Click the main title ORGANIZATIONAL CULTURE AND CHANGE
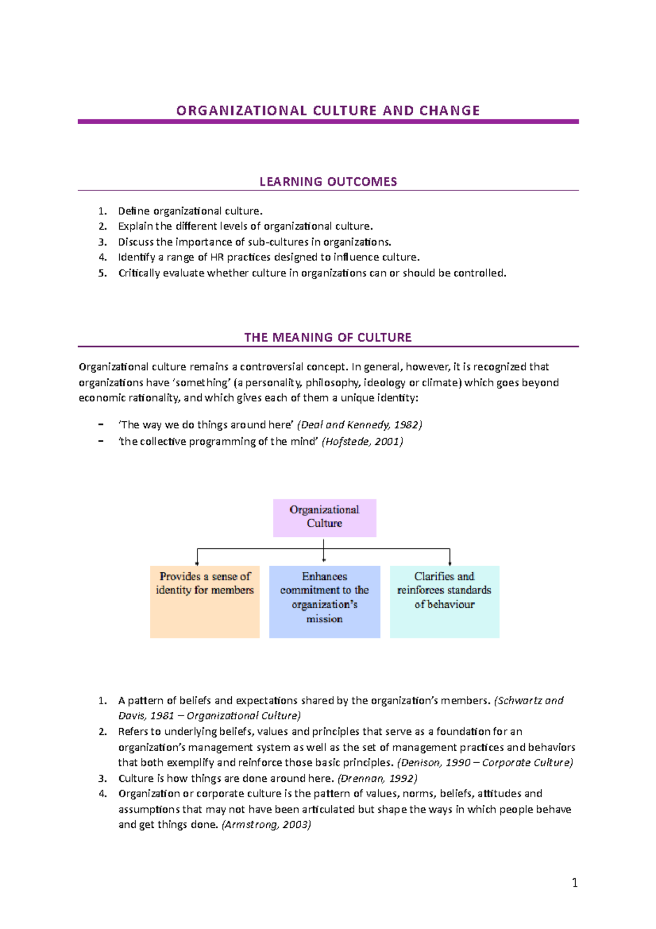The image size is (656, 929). coord(328,111)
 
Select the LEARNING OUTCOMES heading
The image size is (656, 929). coord(328,182)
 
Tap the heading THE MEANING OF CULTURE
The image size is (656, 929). coord(328,338)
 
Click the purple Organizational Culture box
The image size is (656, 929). coord(324,517)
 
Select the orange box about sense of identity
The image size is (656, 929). coord(204,601)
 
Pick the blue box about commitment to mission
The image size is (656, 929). coord(324,601)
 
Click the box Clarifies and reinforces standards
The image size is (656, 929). coord(444,601)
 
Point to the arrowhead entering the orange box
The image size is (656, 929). coord(197,563)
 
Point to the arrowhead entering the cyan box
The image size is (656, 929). coord(450,563)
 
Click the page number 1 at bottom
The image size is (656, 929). coord(575,882)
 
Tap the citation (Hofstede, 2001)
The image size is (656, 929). coord(362,442)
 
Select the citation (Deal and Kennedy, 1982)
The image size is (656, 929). coord(359,425)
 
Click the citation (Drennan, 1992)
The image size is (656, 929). coord(377,778)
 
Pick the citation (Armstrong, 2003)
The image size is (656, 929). coord(266,825)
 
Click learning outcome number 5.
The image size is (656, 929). coord(103,273)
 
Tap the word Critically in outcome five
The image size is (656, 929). coord(139,273)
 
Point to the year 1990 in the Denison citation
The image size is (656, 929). coord(458,763)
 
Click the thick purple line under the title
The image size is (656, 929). coord(328,122)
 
